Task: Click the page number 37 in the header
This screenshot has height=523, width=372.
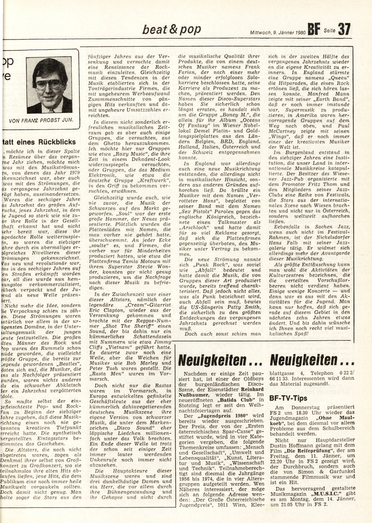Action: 344,29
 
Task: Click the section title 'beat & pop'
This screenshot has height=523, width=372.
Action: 171,29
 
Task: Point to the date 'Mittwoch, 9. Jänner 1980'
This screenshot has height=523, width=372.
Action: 277,33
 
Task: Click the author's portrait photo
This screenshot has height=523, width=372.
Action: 49,81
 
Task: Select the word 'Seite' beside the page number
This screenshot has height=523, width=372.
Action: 330,30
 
